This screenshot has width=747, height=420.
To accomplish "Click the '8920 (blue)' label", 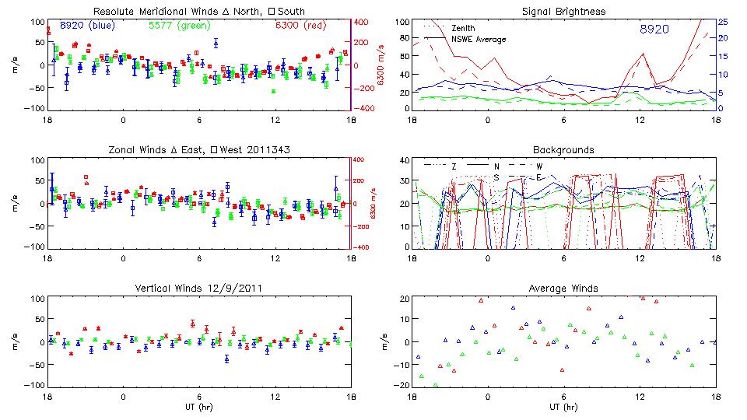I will point(87,25).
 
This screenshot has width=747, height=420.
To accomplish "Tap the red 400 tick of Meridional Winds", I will point(362,21).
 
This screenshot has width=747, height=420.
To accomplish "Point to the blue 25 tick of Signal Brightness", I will point(723,21).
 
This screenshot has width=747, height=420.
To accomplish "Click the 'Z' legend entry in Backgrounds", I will point(454,166).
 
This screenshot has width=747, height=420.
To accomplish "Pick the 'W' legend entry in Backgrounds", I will point(538,166).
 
